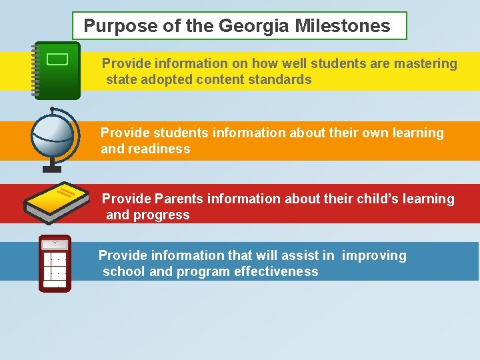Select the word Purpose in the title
(x=113, y=27)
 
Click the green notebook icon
(x=57, y=70)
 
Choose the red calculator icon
(x=55, y=264)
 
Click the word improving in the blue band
(x=374, y=256)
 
